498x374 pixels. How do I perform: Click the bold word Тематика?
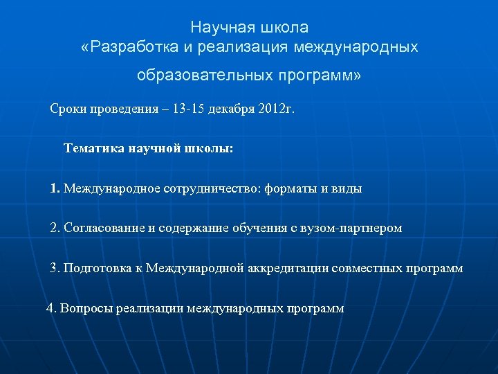(x=93, y=148)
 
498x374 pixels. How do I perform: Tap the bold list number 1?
(x=55, y=188)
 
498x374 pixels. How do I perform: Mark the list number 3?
(x=55, y=268)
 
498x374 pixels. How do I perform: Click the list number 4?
(x=50, y=308)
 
